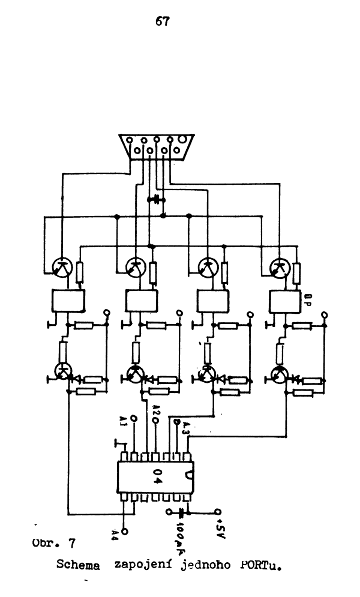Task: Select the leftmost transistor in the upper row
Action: tap(62, 268)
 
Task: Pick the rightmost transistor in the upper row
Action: tap(279, 267)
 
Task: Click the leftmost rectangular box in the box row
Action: tap(68, 299)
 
